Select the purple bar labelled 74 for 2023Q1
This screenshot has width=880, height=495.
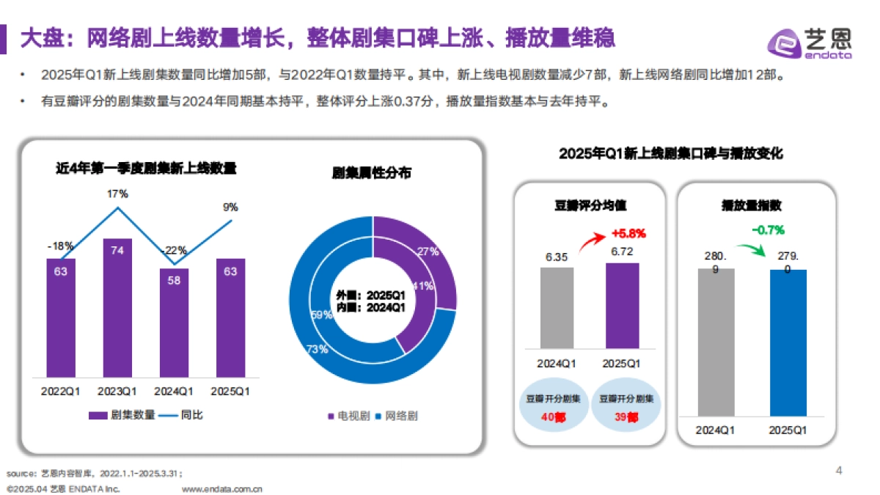coord(117,308)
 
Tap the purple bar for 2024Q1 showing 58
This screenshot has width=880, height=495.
coord(174,323)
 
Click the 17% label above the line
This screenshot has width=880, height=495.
coord(117,194)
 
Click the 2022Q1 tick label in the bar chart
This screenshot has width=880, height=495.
coord(61,391)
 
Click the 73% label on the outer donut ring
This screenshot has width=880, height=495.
coord(318,349)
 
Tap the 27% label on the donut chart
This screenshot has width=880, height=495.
coord(428,252)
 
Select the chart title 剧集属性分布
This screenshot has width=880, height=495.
coord(372,173)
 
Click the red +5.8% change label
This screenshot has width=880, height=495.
coord(628,234)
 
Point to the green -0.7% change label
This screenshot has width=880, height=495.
coord(767,230)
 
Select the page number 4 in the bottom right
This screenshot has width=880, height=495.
coord(840,470)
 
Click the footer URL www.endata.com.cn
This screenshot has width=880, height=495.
coord(221,488)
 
